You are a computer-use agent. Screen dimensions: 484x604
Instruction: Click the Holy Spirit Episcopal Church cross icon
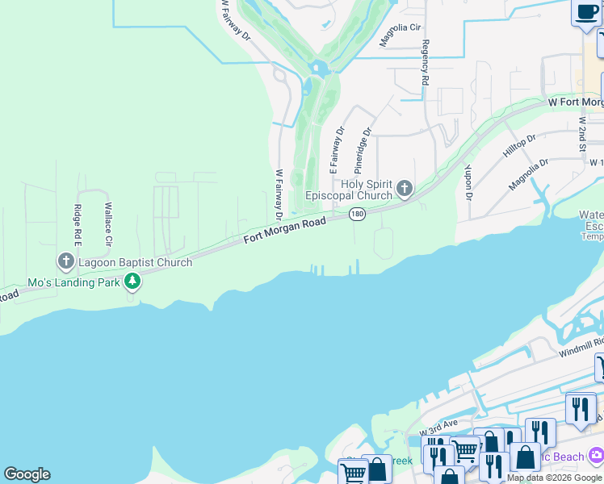pyautogui.click(x=405, y=190)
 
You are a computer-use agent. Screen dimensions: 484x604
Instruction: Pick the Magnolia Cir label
pyautogui.click(x=401, y=37)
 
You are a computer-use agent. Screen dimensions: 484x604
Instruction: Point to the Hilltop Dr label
pyautogui.click(x=519, y=146)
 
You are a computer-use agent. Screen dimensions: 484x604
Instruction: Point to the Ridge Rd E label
pyautogui.click(x=78, y=225)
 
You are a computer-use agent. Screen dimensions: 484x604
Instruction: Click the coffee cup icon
pyautogui.click(x=585, y=13)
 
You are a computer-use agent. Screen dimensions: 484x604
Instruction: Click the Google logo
pyautogui.click(x=27, y=474)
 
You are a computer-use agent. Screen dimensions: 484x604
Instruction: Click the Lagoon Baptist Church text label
pyautogui.click(x=135, y=262)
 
